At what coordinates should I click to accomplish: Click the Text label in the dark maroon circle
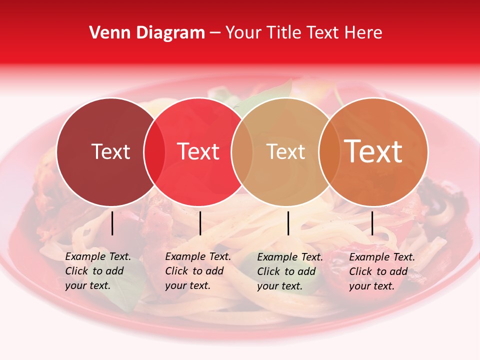110,151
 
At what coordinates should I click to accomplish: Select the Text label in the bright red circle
198,151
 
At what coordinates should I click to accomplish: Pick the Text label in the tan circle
286,151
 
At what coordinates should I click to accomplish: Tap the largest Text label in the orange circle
373,151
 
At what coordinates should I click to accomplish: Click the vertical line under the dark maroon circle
112,223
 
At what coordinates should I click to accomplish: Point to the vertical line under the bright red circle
200,223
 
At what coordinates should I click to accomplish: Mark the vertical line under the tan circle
288,223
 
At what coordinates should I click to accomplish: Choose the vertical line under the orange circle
372,223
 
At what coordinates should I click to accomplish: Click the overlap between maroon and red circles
154,151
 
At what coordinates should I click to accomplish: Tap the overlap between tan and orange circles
327,151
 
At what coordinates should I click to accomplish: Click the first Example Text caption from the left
98,271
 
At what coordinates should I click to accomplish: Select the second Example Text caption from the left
198,271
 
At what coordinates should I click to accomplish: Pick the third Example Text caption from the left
290,271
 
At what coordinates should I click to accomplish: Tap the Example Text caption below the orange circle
382,271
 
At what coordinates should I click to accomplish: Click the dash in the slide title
215,33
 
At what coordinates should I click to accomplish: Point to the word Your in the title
243,32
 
